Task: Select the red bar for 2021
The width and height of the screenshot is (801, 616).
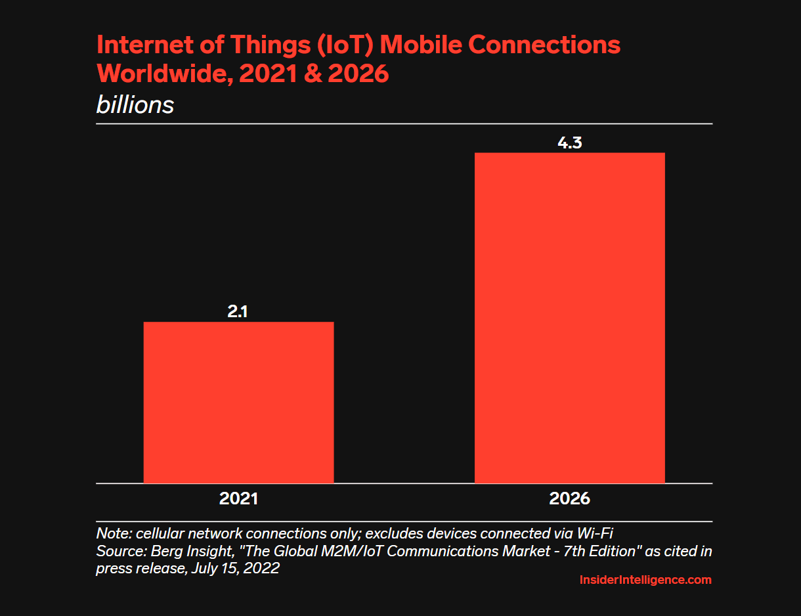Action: (238, 402)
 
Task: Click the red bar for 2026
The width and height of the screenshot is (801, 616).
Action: (569, 318)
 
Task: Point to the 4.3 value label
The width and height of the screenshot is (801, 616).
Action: (569, 143)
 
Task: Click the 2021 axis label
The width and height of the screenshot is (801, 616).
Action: (238, 498)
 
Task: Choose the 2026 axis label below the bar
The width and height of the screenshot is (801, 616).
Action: (569, 498)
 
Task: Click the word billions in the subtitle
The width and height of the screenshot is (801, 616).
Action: (135, 105)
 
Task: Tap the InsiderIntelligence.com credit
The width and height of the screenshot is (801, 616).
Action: (645, 580)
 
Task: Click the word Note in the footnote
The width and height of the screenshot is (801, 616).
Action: (111, 532)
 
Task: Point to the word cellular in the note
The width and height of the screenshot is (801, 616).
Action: (156, 532)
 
